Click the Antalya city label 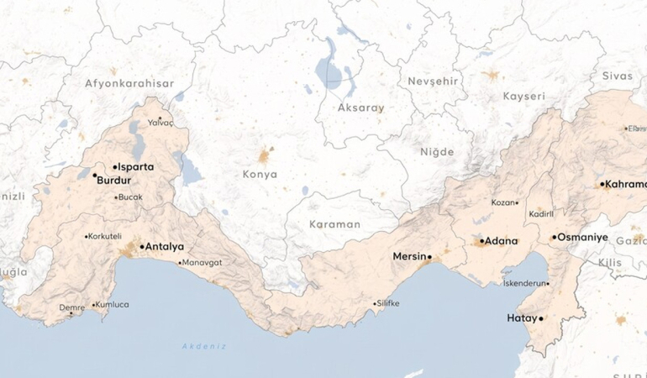coord(165,247)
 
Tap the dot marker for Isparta coord(114,167)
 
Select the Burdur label coord(114,180)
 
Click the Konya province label coord(259,175)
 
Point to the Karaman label coord(334,224)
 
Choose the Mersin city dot coord(429,256)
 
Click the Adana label coord(501,241)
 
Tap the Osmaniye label coord(582,238)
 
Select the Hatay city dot coord(541,318)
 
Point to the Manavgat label coord(203,263)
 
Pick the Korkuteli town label coord(106,236)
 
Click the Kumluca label coord(113,304)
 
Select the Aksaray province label coord(360,108)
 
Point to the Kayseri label coord(523,96)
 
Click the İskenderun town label coord(524,284)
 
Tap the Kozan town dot coord(517,202)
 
